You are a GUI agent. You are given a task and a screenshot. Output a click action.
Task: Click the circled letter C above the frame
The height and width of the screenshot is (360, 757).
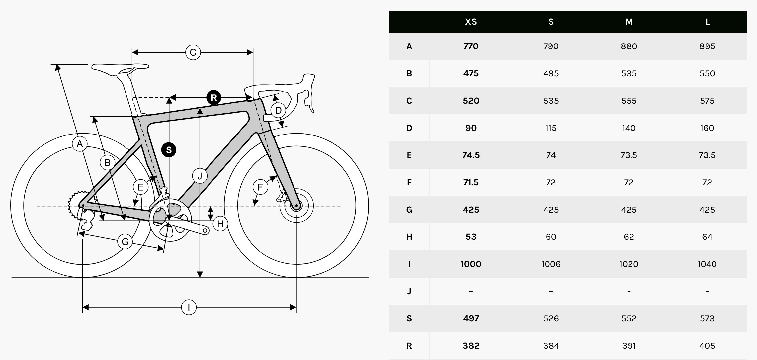click(193, 52)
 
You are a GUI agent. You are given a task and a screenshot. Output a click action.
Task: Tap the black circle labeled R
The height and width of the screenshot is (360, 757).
click(214, 98)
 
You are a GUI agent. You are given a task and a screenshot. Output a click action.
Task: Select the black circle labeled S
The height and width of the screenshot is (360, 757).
click(169, 150)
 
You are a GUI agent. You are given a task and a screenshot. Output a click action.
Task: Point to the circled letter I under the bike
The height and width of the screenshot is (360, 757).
click(189, 307)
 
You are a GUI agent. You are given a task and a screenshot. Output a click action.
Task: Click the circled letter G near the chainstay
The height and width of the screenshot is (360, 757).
click(125, 241)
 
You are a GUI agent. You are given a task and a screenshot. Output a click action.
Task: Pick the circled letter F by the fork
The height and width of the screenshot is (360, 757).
click(260, 187)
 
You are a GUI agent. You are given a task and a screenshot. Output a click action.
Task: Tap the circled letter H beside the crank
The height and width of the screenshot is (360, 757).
click(220, 224)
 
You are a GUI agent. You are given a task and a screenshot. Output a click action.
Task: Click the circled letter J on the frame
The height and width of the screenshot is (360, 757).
click(200, 176)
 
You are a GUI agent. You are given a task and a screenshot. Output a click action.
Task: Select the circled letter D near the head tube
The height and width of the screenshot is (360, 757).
click(278, 110)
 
